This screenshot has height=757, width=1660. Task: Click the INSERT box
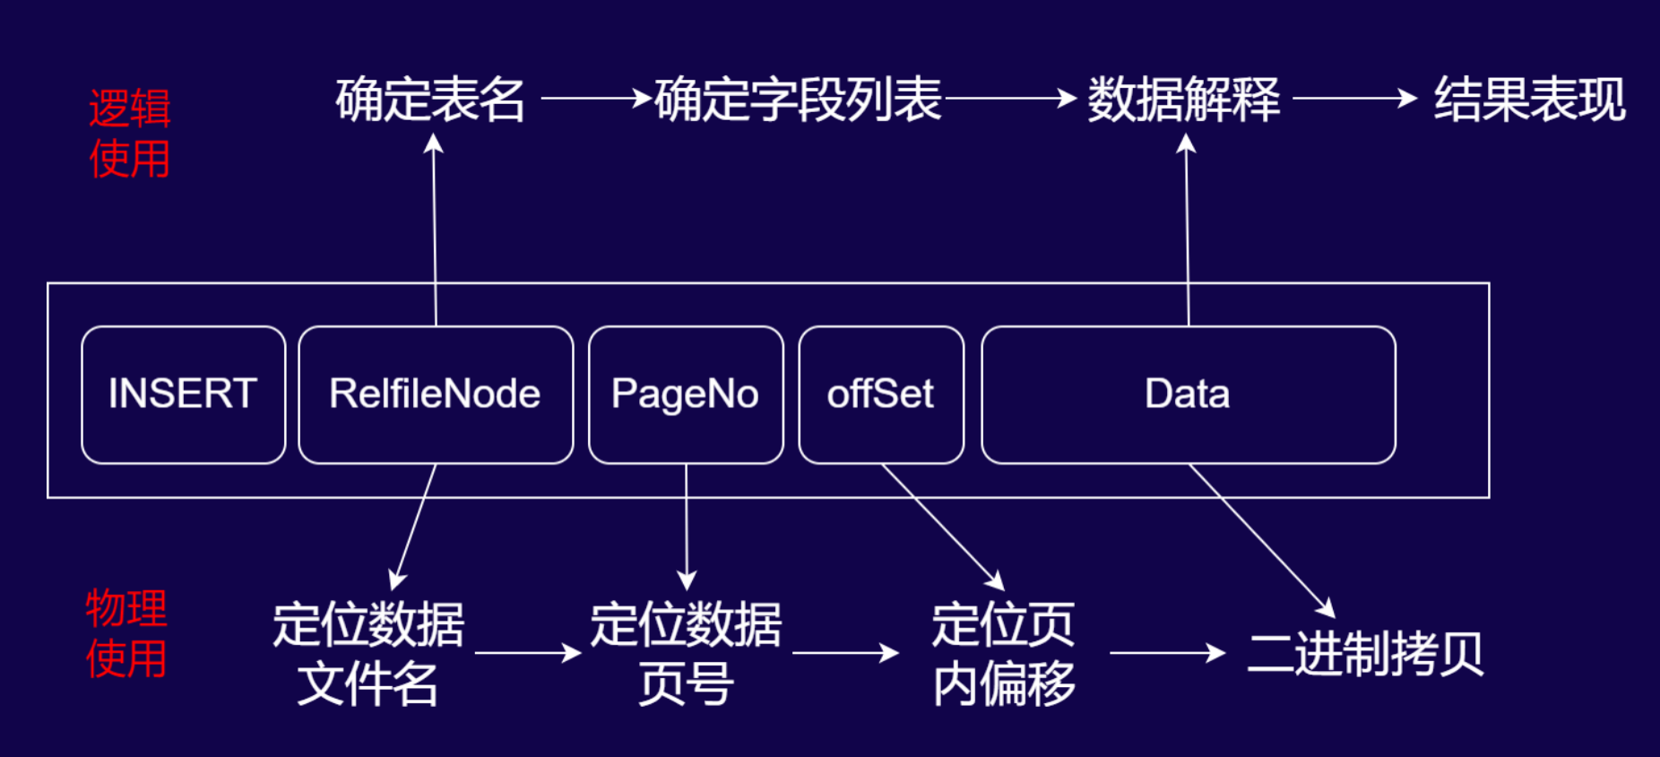click(x=183, y=395)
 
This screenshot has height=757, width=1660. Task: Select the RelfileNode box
click(x=436, y=395)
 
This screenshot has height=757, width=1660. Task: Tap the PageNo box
click(x=686, y=395)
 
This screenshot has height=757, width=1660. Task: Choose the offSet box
click(x=881, y=395)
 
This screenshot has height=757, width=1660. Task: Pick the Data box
click(x=1188, y=395)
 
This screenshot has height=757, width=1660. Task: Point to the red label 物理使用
click(x=126, y=634)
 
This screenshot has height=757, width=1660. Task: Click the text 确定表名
click(x=430, y=99)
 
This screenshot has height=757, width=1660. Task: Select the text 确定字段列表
click(x=798, y=99)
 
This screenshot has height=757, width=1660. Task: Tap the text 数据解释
click(x=1183, y=99)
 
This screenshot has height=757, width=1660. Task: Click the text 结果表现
click(x=1529, y=99)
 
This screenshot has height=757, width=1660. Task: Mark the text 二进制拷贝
click(x=1365, y=654)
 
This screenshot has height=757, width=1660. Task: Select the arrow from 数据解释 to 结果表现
click(x=1353, y=98)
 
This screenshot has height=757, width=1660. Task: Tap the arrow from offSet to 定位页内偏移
click(x=941, y=526)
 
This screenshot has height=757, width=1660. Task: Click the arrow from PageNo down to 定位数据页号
click(x=687, y=525)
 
